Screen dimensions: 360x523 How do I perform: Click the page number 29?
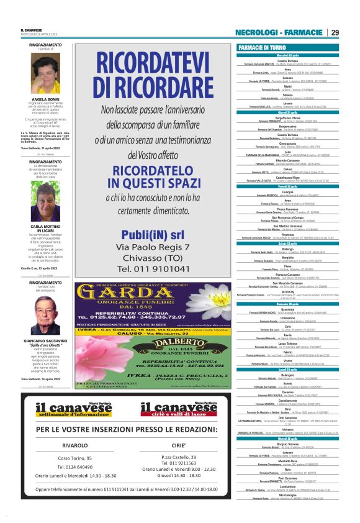(335, 33)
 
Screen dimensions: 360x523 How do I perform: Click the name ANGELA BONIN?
(45, 99)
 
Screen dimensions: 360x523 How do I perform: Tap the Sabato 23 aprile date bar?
(287, 243)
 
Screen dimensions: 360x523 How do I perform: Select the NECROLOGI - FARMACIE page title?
(279, 33)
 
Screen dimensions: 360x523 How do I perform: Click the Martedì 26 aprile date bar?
(287, 438)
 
